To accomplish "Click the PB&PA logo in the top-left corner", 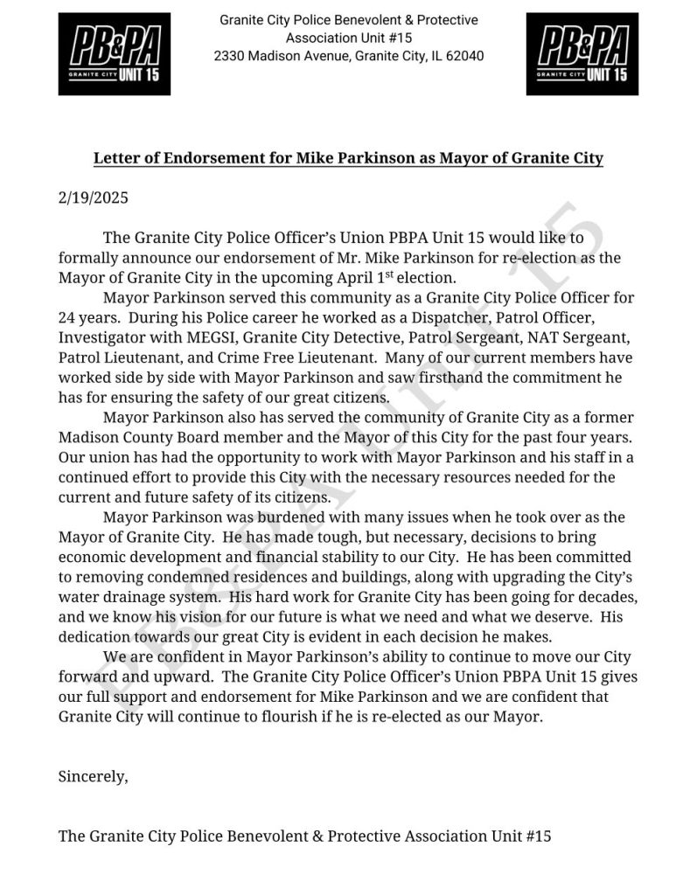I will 114,54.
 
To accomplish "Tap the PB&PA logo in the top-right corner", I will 582,54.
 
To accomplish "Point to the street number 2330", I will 231,56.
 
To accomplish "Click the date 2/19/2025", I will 94,198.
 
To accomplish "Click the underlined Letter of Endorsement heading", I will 348,158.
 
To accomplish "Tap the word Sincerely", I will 93,774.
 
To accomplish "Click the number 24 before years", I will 67,316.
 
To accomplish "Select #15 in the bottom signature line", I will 537,836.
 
